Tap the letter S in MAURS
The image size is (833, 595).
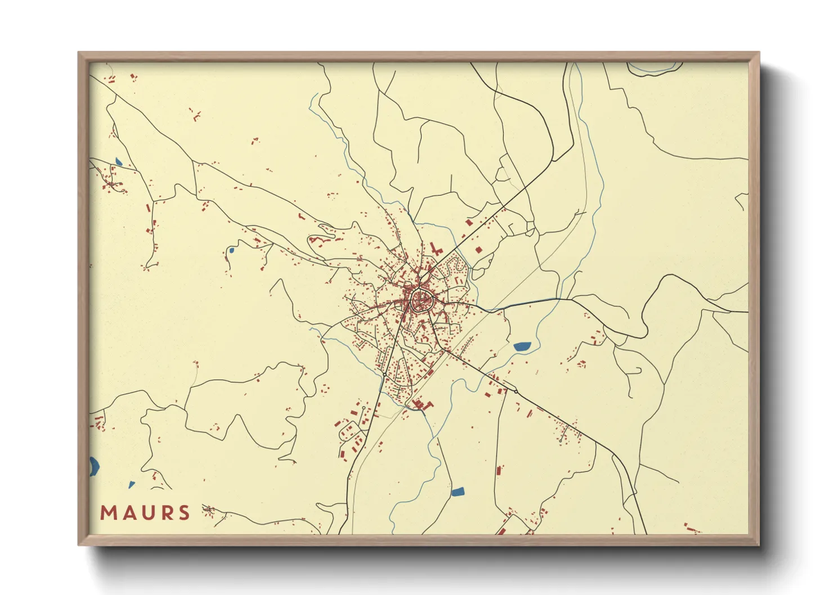pyautogui.click(x=183, y=513)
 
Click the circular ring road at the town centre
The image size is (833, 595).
pyautogui.click(x=421, y=300)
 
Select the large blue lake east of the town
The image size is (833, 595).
pyautogui.click(x=522, y=346)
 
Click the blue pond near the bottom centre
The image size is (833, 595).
pyautogui.click(x=458, y=492)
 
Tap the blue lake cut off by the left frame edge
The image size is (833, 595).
pyautogui.click(x=93, y=466)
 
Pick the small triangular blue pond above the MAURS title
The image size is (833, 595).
pyautogui.click(x=132, y=484)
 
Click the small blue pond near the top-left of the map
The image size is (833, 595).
pyautogui.click(x=118, y=162)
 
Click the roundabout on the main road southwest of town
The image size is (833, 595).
pyautogui.click(x=364, y=408)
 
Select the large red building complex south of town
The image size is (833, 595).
pyautogui.click(x=422, y=404)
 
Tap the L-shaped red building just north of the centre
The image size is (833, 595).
pyautogui.click(x=435, y=249)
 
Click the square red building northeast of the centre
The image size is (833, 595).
pyautogui.click(x=478, y=250)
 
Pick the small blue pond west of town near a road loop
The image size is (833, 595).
pyautogui.click(x=230, y=250)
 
